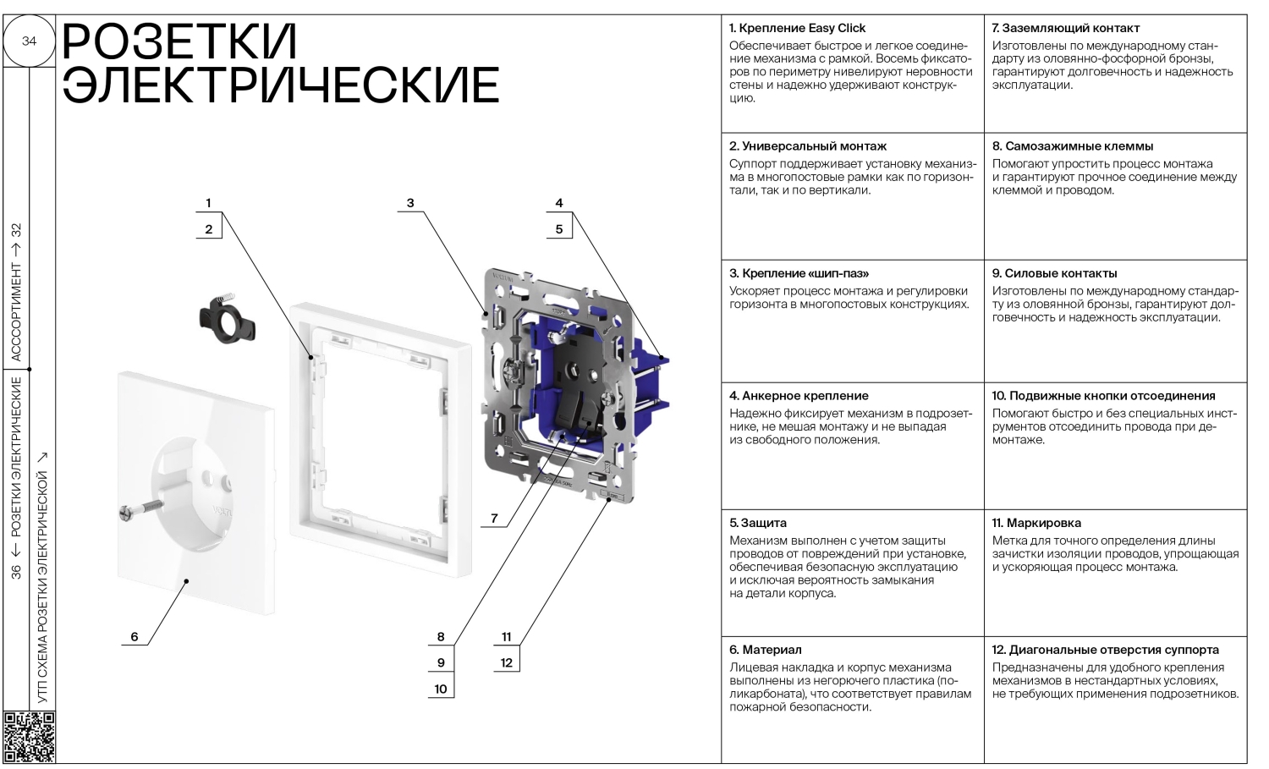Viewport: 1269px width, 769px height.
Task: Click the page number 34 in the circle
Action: [x=29, y=41]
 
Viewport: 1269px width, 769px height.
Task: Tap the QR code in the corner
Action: [x=30, y=736]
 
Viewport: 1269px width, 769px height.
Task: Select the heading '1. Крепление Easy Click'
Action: [x=797, y=28]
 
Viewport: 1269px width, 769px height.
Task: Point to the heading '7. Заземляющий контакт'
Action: [x=1065, y=28]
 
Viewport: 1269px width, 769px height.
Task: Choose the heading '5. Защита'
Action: [x=758, y=523]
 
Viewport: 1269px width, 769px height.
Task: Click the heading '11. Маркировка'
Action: [x=1036, y=523]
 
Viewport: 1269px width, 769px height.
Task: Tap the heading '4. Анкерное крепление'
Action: [x=799, y=395]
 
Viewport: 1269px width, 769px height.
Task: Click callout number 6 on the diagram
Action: [x=135, y=637]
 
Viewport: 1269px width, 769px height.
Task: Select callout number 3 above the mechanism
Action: [x=410, y=203]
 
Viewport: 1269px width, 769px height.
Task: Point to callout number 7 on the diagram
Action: [x=495, y=519]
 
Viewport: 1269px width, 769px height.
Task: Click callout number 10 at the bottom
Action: [x=441, y=689]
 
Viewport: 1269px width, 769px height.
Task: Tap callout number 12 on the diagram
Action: [x=506, y=662]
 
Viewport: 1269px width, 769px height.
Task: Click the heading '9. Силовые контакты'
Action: [x=1054, y=273]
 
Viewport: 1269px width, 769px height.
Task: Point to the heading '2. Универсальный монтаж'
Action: [x=808, y=146]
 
